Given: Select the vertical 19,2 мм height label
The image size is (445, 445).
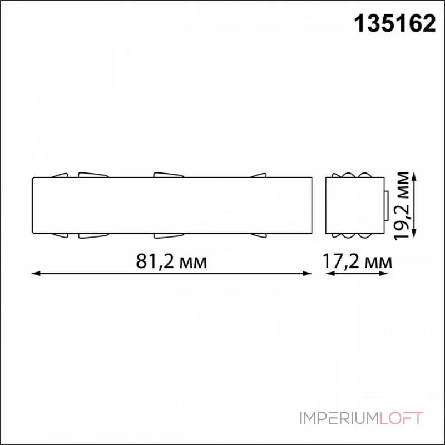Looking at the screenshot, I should (404, 205).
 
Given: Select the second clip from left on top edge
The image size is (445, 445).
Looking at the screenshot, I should (92, 175).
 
